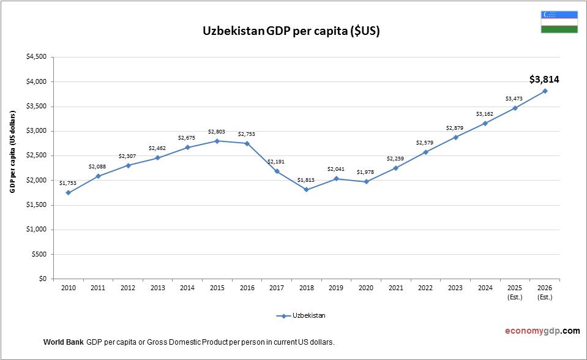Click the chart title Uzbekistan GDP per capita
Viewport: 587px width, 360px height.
pyautogui.click(x=291, y=32)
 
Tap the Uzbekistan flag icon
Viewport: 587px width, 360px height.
pyautogui.click(x=559, y=21)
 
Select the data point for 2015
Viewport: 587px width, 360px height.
pyautogui.click(x=217, y=141)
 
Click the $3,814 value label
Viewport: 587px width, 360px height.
pyautogui.click(x=544, y=79)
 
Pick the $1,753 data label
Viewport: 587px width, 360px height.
pyautogui.click(x=68, y=182)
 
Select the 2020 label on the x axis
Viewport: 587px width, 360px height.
pyautogui.click(x=366, y=288)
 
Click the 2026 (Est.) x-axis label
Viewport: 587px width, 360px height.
pyautogui.click(x=544, y=292)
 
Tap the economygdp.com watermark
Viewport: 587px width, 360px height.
pyautogui.click(x=542, y=331)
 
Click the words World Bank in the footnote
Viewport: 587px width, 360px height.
pyautogui.click(x=64, y=342)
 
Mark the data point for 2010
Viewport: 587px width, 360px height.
pyautogui.click(x=68, y=193)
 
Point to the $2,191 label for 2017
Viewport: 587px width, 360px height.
pyautogui.click(x=277, y=162)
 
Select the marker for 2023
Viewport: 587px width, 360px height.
pyautogui.click(x=455, y=137)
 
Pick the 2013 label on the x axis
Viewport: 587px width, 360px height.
pyautogui.click(x=157, y=288)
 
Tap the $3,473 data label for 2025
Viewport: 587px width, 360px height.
pyautogui.click(x=515, y=98)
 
